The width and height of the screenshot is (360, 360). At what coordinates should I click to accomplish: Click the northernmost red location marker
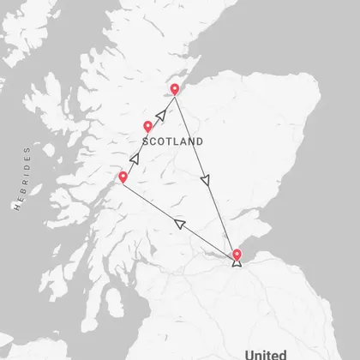coord(175,89)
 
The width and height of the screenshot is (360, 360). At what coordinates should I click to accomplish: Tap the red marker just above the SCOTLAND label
coord(147,127)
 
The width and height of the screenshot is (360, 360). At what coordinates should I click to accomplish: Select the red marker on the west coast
coord(123,177)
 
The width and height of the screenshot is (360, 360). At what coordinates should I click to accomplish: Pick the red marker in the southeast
coord(237,254)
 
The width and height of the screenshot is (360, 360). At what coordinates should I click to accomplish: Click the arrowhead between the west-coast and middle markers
coord(134,158)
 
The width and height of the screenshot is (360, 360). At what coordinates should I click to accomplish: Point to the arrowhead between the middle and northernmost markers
coord(159,113)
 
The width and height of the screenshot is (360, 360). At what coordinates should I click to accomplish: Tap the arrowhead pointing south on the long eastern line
coord(204,181)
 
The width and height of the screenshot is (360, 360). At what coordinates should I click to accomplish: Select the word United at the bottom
coord(265,353)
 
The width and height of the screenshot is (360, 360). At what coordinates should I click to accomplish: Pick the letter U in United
coord(249,353)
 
